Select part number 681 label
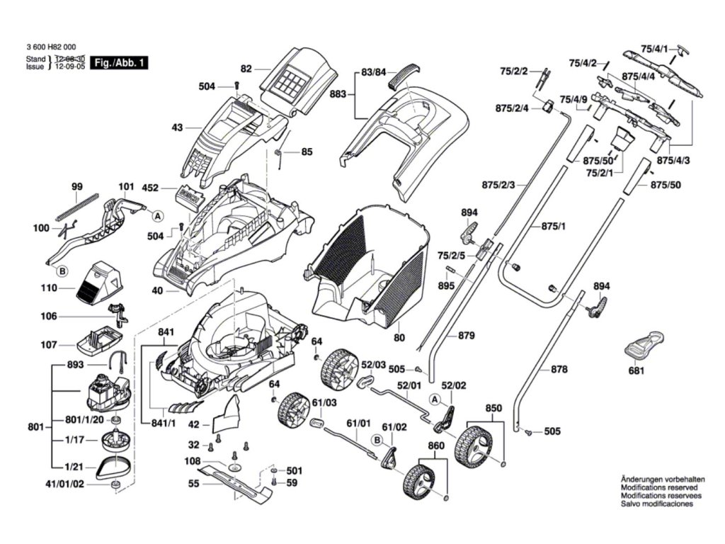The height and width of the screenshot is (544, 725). click(636, 370)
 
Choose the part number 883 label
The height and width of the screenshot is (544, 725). click(338, 93)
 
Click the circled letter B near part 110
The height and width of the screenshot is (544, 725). click(62, 271)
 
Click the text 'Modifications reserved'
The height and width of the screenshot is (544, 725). click(658, 487)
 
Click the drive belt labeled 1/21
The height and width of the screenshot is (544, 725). click(113, 465)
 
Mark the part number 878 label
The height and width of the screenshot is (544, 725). click(559, 369)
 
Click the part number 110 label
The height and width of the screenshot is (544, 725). click(49, 289)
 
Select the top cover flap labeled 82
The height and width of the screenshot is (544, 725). click(297, 78)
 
